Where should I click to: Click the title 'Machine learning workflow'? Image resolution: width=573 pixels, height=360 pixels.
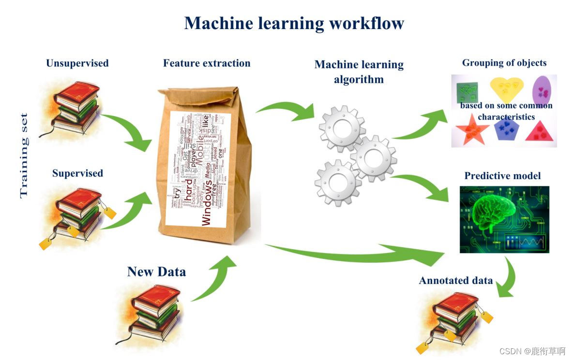pos(294,23)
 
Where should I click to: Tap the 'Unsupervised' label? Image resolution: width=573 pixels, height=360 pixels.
pos(77,63)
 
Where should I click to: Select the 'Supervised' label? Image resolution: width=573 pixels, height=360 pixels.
pos(77,173)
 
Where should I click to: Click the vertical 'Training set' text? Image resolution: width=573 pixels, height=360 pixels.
pos(24,155)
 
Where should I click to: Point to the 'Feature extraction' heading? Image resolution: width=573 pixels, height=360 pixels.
pos(207,63)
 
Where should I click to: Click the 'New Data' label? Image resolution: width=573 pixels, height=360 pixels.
pos(156,271)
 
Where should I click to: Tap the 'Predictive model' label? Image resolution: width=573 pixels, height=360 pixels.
pos(502,176)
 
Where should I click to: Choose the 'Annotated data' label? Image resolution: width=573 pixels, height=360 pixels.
pos(456,281)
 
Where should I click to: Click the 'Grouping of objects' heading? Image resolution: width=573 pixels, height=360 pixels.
pos(504,63)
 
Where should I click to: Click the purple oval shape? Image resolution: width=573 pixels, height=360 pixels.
pos(543,90)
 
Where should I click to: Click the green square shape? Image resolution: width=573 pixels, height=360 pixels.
pos(467,90)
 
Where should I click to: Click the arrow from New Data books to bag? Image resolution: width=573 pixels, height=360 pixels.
pos(213,278)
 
